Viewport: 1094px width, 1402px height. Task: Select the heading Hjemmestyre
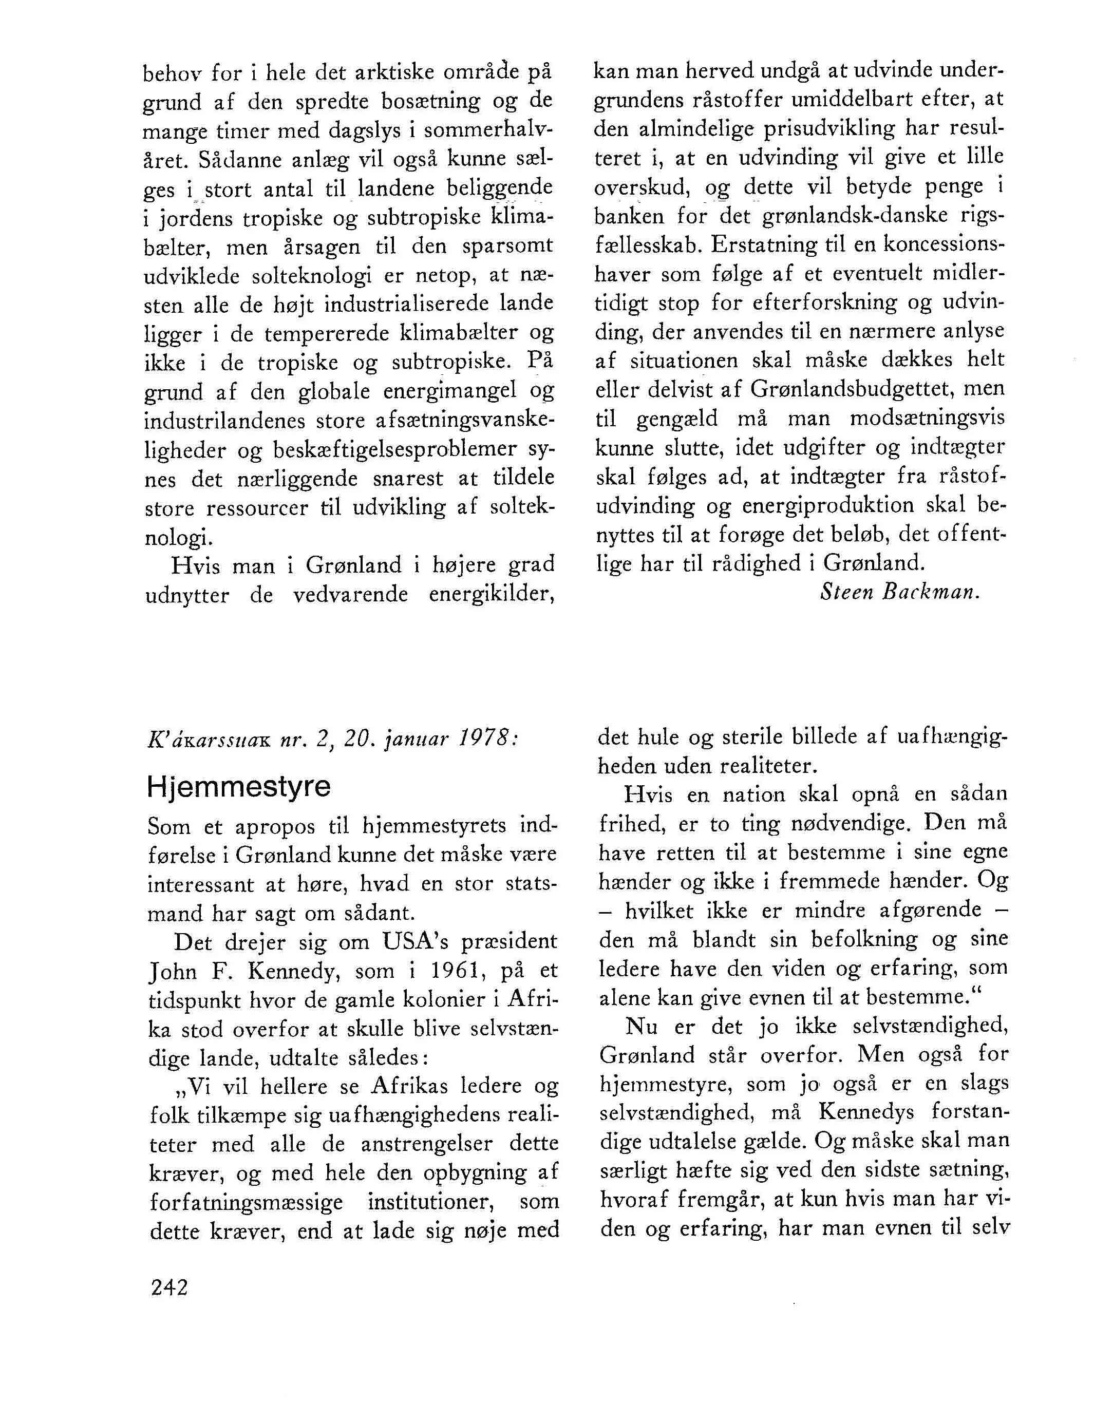click(x=238, y=787)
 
